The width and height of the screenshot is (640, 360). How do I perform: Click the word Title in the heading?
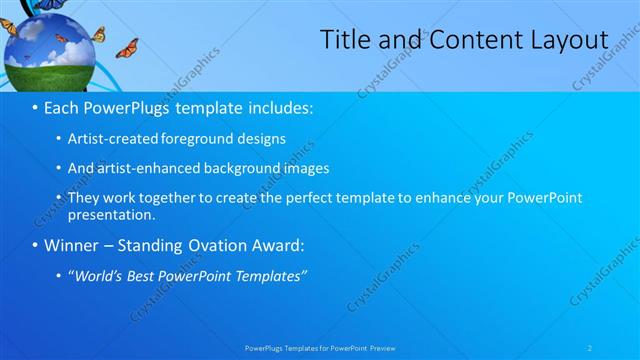click(x=343, y=40)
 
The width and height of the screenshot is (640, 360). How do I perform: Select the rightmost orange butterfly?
click(x=126, y=48)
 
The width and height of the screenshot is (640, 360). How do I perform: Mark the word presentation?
click(x=111, y=214)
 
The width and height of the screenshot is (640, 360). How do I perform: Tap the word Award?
click(x=276, y=245)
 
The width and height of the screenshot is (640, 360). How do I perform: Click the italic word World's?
click(x=97, y=276)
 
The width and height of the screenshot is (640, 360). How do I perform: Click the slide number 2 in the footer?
click(x=590, y=348)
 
